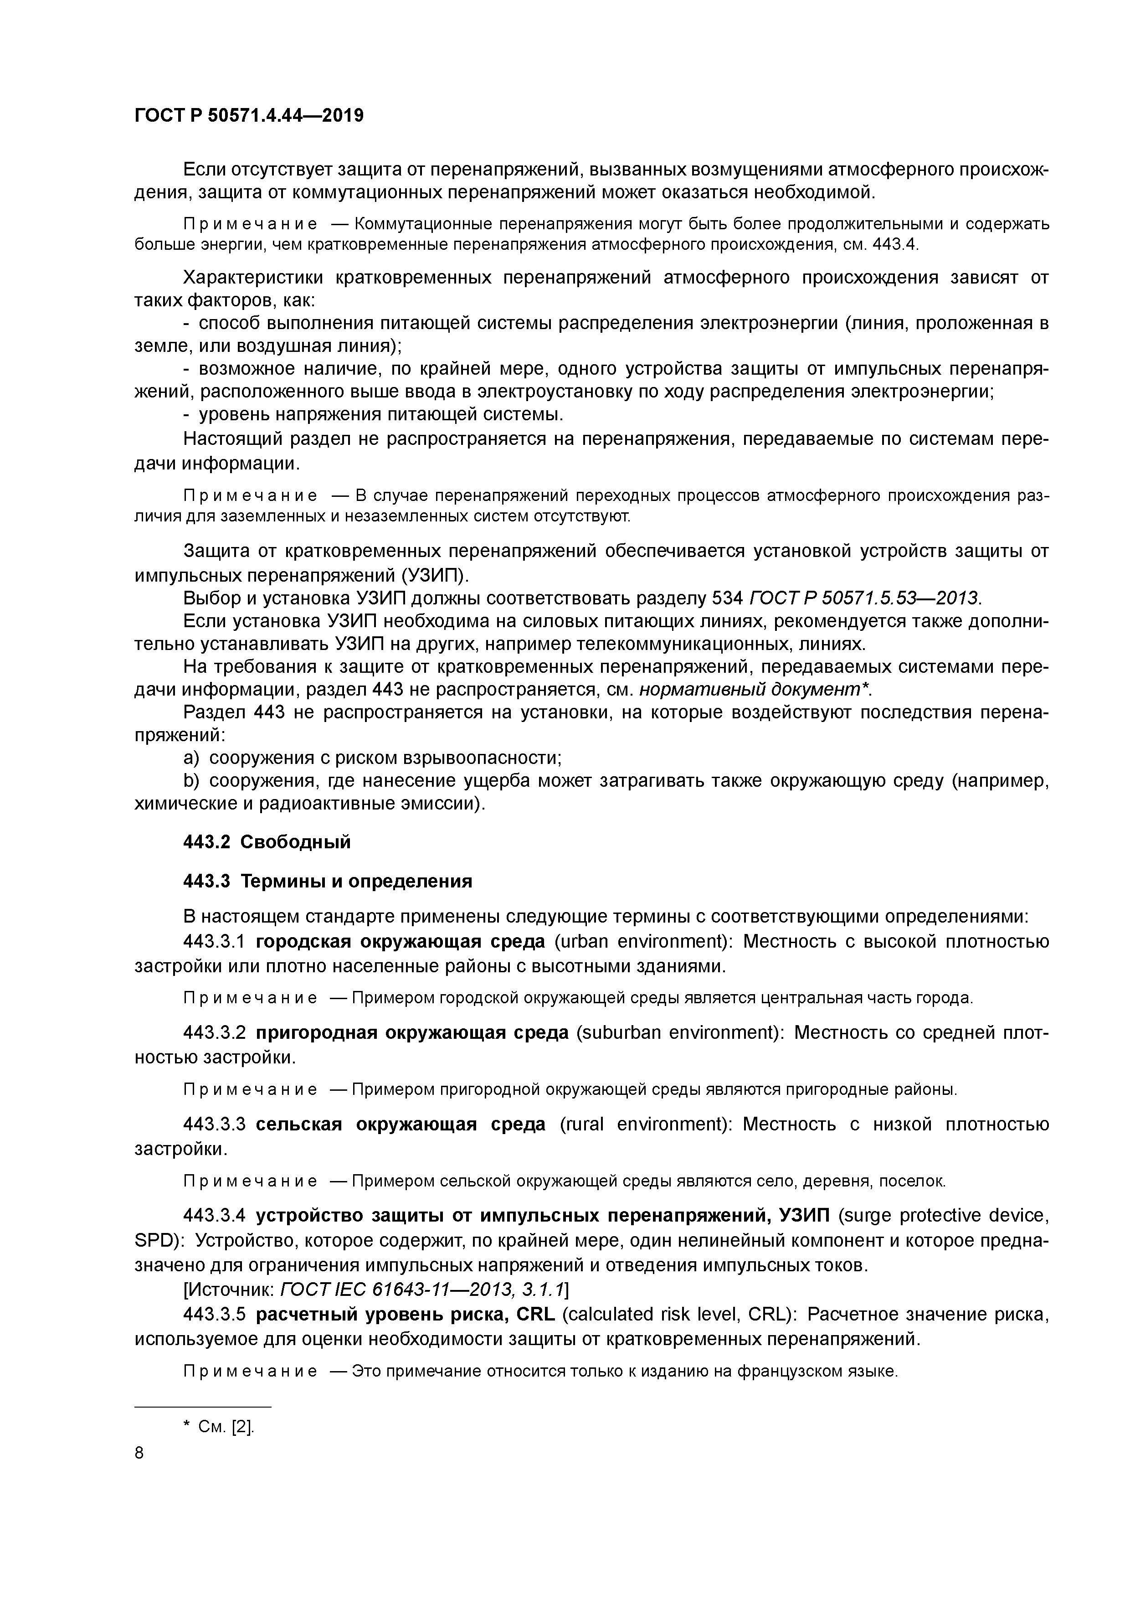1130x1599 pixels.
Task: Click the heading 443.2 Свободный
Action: pos(267,842)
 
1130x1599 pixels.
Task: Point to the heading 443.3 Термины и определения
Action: pos(327,881)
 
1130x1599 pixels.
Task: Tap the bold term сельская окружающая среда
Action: pos(401,1124)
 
